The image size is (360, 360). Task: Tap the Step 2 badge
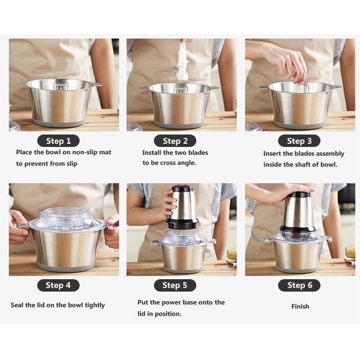(175, 141)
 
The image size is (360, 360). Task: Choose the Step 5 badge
(175, 285)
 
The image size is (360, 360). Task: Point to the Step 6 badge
(300, 285)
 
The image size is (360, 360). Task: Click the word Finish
(300, 306)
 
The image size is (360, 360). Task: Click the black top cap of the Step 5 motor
(182, 188)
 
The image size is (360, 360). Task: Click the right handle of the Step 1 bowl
(97, 84)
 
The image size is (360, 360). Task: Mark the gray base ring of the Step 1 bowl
(59, 122)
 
